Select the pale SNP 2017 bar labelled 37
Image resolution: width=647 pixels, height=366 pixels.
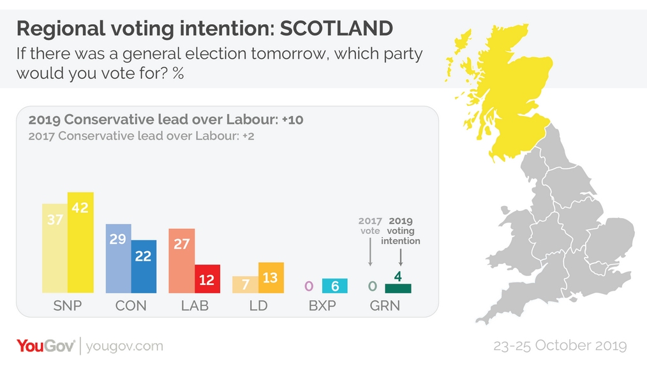click(x=55, y=249)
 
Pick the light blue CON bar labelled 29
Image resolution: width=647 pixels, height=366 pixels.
click(x=118, y=258)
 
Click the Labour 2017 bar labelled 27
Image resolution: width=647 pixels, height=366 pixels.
click(x=181, y=261)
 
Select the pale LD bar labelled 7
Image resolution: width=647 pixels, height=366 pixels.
click(x=245, y=284)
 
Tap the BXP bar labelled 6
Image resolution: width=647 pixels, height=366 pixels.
click(x=334, y=286)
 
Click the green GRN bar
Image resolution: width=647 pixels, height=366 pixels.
click(x=398, y=288)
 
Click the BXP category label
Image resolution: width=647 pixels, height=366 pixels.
click(x=322, y=305)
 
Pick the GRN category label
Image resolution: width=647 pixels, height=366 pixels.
click(x=385, y=305)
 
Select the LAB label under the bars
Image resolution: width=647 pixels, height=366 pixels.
click(x=195, y=305)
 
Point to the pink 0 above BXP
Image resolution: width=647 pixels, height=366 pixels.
click(x=309, y=286)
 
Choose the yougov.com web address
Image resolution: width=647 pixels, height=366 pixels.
click(x=124, y=346)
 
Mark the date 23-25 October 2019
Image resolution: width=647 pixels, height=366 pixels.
click(x=560, y=346)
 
